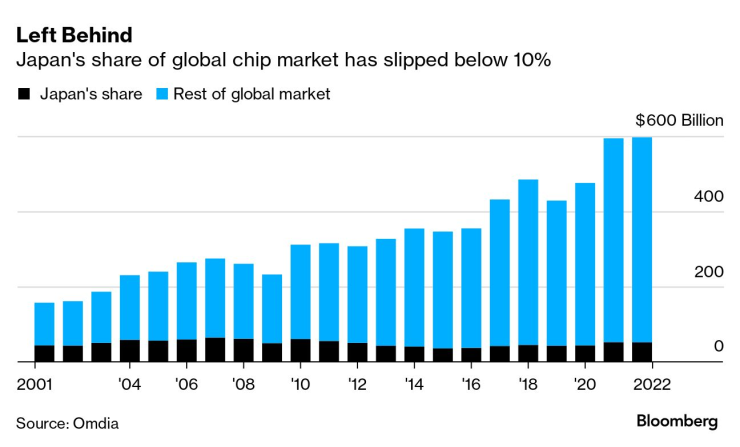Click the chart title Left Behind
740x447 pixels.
click(74, 35)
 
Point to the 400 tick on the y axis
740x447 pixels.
click(708, 197)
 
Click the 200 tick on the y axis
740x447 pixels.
click(708, 272)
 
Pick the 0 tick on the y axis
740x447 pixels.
click(717, 346)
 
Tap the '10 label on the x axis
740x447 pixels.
click(299, 382)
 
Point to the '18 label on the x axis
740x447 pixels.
click(527, 382)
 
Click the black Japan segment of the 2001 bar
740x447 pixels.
click(45, 354)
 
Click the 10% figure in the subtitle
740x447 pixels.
click(529, 61)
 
